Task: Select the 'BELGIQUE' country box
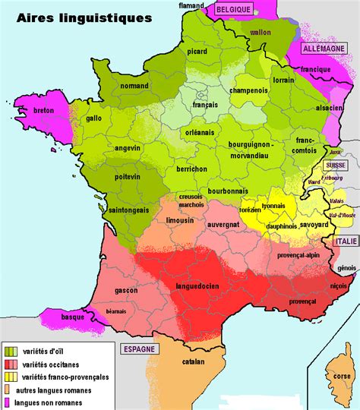[x=232, y=8]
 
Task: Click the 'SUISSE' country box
[x=334, y=166]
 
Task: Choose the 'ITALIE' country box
[x=343, y=241]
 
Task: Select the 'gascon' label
[x=126, y=290]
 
